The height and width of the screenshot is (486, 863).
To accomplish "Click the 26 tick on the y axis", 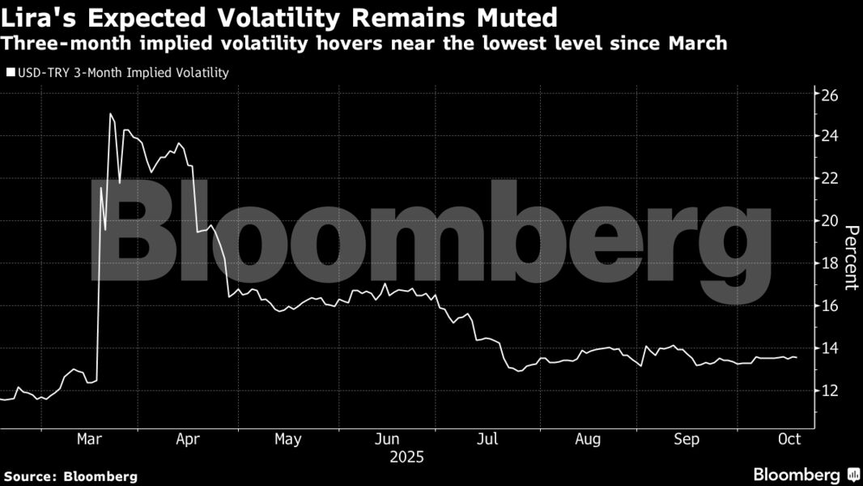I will point(831,94).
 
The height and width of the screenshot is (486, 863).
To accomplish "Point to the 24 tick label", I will point(831,136).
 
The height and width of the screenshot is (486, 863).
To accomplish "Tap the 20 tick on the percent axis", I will point(831,221).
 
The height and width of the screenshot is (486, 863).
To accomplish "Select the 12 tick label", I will point(831,390).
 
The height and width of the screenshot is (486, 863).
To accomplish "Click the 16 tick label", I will point(831,306).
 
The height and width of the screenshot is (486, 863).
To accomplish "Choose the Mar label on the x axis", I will point(88,439).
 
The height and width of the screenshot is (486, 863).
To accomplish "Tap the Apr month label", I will point(188,439).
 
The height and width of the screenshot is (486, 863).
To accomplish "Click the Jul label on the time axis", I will point(487,439).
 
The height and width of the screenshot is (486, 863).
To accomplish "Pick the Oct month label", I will point(789,439).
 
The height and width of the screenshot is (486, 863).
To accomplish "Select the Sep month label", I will point(687,439).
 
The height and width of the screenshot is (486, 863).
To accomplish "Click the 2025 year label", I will point(406,458).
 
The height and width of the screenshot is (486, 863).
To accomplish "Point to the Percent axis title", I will point(851,258).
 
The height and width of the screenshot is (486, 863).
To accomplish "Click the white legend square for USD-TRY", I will point(10,73).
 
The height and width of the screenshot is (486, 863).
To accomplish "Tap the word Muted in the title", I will point(517,16).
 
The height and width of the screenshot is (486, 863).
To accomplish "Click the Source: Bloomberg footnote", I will point(70,476).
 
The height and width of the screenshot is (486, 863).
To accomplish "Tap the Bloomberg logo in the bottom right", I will point(806,475).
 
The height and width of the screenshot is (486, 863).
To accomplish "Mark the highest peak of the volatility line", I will point(110,114).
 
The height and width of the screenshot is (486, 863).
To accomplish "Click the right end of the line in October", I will point(797,357).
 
